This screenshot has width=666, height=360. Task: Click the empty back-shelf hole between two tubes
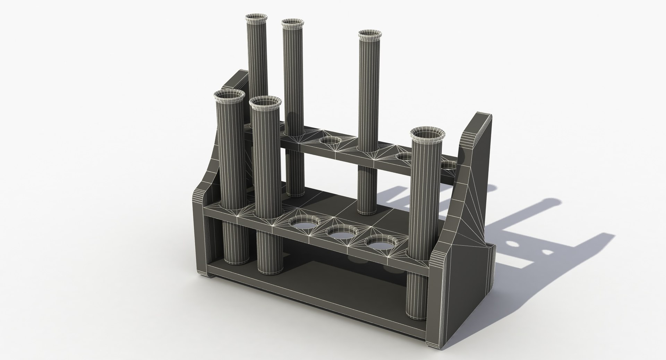(x=331, y=141)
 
